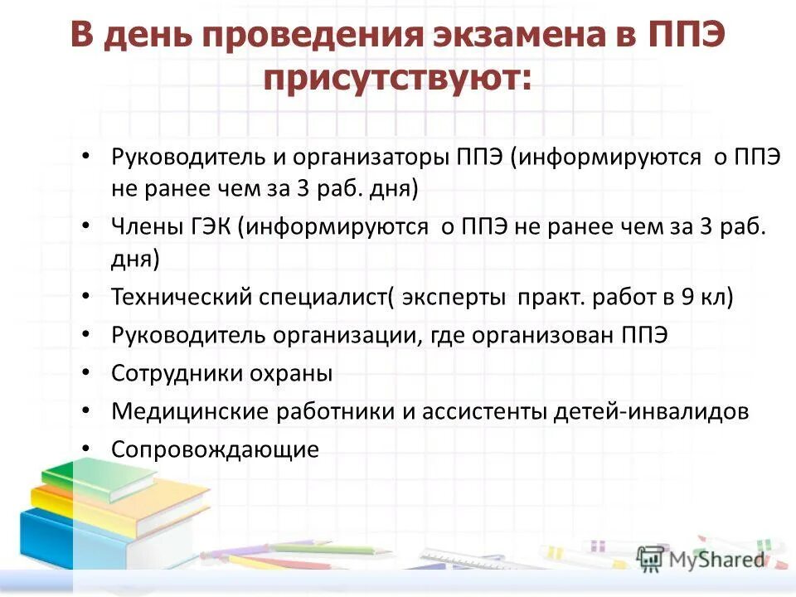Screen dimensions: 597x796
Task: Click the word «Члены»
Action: [x=139, y=227]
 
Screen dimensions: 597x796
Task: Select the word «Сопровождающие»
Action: [x=215, y=449]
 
